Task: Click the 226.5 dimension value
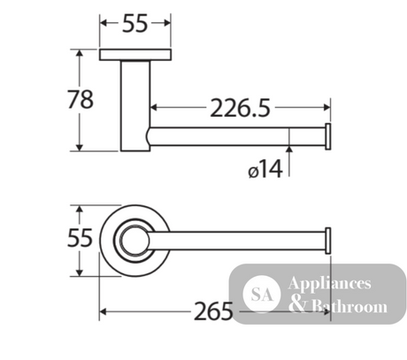click(x=240, y=108)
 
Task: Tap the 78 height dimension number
click(x=81, y=99)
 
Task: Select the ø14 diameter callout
click(x=265, y=169)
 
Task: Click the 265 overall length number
click(x=213, y=311)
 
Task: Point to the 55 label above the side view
click(x=134, y=24)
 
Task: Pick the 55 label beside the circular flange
click(x=80, y=238)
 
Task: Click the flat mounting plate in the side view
click(x=135, y=55)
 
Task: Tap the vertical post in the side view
click(x=135, y=106)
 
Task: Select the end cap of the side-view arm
click(x=328, y=136)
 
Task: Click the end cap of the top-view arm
click(x=328, y=241)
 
